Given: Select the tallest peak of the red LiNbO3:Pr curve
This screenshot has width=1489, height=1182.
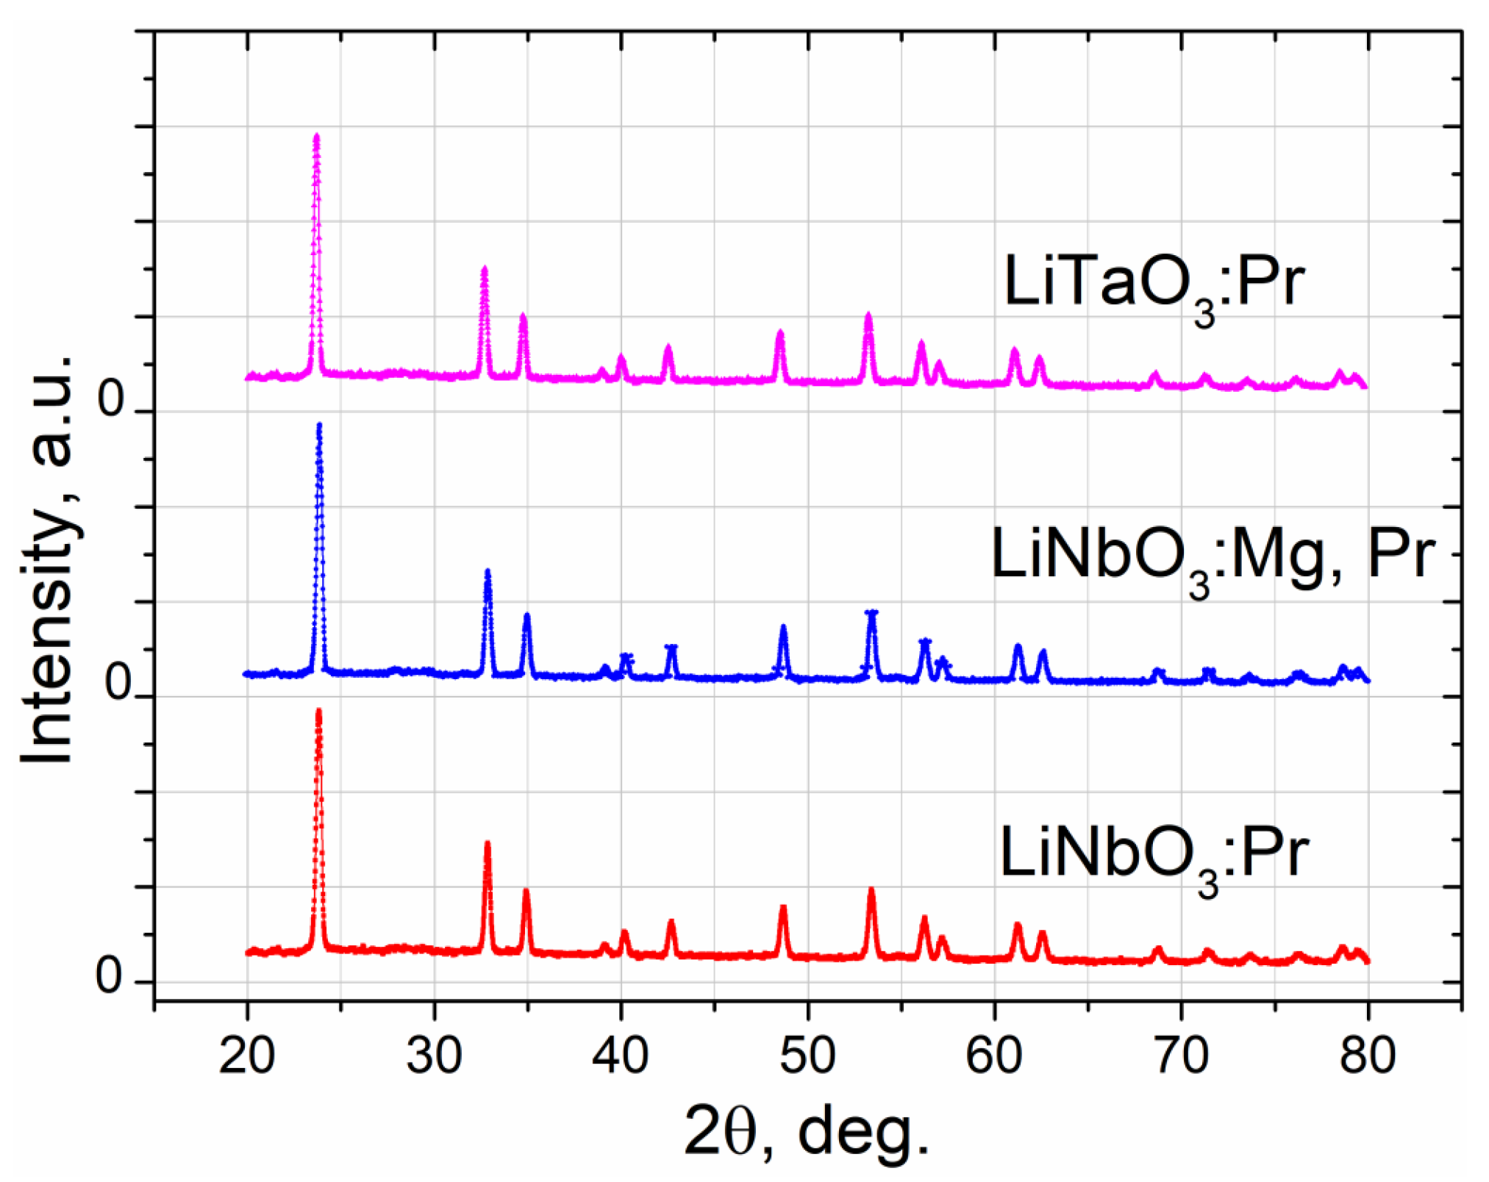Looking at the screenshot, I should coord(318,712).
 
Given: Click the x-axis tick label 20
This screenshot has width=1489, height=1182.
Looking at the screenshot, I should coord(247,1056).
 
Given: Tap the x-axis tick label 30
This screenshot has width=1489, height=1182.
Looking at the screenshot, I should coord(434,1056).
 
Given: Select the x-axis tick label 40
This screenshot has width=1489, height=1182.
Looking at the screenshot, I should coord(621,1056).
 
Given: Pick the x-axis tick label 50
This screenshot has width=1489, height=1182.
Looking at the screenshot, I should coord(807,1056).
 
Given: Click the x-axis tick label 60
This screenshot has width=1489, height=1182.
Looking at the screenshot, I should coord(994,1056).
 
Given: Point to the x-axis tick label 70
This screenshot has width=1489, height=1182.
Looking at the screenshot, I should coord(1181,1056).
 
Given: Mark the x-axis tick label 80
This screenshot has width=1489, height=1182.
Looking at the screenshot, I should coord(1368,1056).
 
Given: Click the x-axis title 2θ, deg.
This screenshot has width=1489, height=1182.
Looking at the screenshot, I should coord(807,1131).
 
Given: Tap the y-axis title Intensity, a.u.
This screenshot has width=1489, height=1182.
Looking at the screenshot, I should coord(49,559).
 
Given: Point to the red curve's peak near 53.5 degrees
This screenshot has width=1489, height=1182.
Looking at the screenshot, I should coord(871,891).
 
